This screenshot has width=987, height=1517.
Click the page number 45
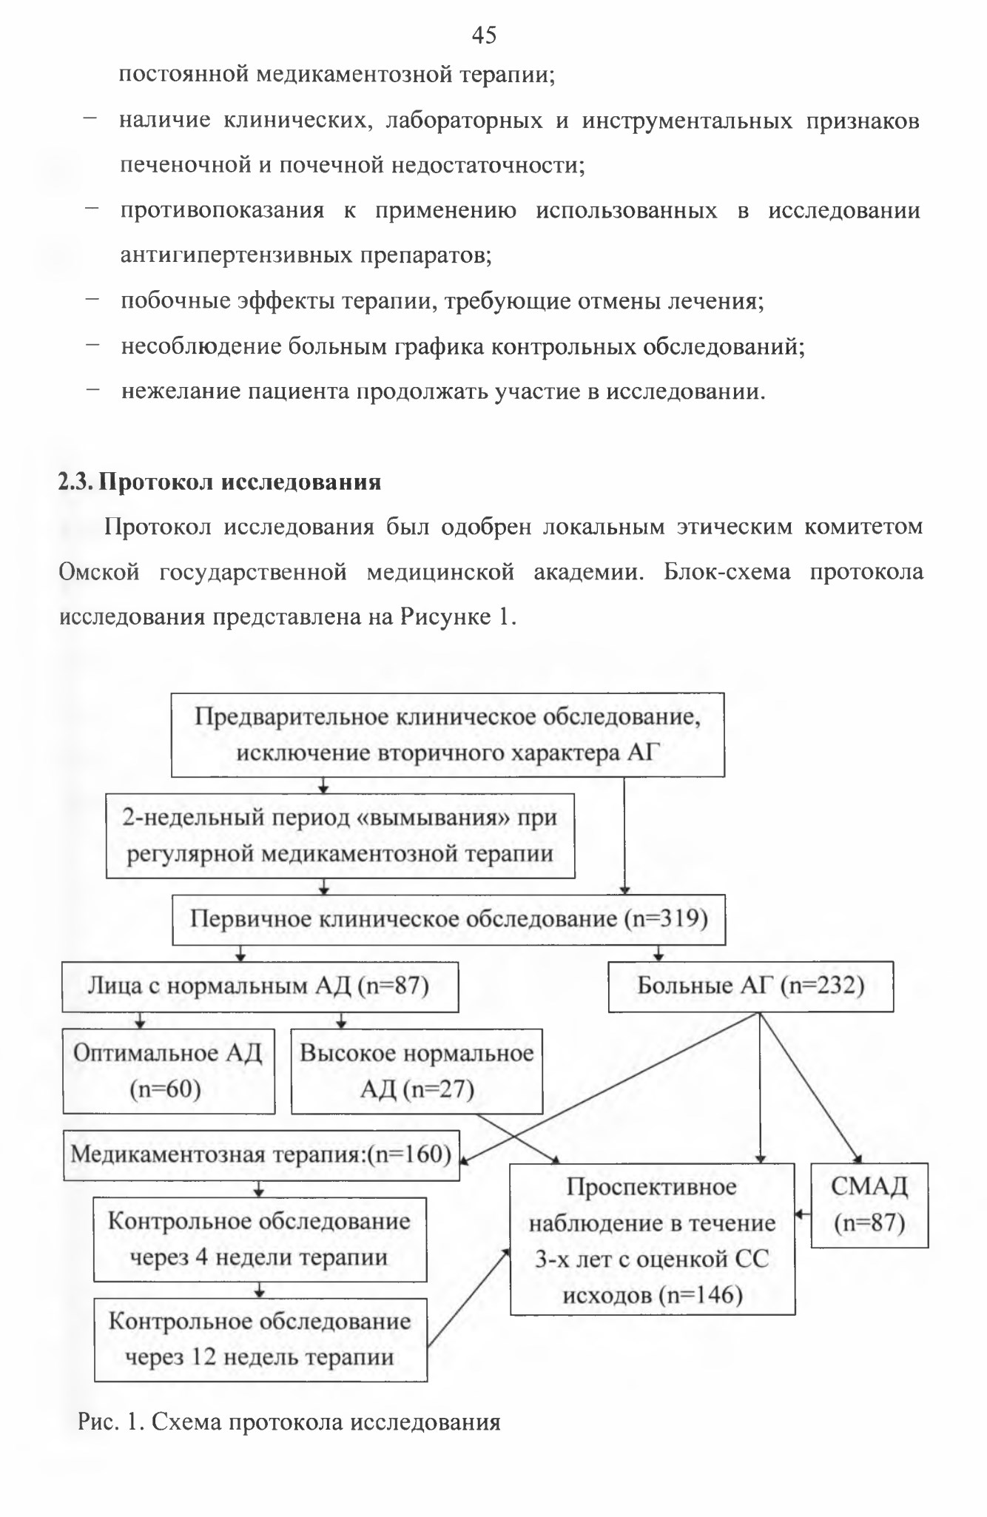[484, 34]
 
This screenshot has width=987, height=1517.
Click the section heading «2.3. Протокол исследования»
[220, 482]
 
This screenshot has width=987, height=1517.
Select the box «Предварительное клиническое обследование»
[448, 734]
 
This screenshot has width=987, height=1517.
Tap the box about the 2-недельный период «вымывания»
[340, 836]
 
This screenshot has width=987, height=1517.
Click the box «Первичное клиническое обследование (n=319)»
[448, 919]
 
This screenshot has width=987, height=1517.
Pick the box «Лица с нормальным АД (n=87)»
[260, 986]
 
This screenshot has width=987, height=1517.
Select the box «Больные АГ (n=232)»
[751, 986]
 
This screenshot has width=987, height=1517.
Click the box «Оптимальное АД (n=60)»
[169, 1071]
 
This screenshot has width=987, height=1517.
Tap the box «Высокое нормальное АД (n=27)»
[417, 1071]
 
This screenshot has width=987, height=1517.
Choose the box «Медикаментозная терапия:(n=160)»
[262, 1154]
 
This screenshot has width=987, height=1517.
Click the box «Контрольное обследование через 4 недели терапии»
[260, 1239]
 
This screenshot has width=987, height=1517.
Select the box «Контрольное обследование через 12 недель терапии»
[260, 1339]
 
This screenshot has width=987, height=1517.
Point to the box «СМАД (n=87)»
[869, 1205]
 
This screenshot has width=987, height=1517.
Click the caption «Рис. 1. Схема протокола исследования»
[289, 1422]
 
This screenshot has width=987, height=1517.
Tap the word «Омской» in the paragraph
[99, 572]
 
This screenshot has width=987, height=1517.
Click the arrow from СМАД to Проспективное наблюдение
[803, 1214]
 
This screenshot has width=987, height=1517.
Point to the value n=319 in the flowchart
[666, 919]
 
